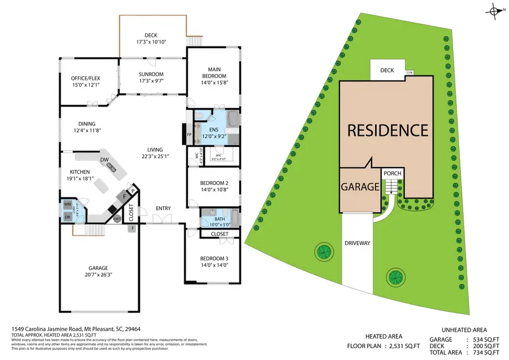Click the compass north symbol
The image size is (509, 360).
tap(496, 10)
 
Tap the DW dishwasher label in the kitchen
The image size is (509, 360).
tap(105, 160)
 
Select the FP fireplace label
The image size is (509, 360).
tap(190, 135)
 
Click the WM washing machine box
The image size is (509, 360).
tap(67, 204)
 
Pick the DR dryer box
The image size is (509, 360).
tap(67, 216)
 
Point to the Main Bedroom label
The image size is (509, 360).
tap(214, 73)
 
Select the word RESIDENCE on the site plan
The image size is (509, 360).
tap(387, 131)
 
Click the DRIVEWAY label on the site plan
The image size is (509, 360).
tap(357, 243)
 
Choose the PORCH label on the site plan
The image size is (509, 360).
tap(392, 174)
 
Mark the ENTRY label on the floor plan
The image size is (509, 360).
tap(163, 209)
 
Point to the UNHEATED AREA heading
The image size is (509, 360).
tap(464, 329)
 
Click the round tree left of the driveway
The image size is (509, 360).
tap(323, 250)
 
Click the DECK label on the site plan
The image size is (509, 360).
tap(387, 71)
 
